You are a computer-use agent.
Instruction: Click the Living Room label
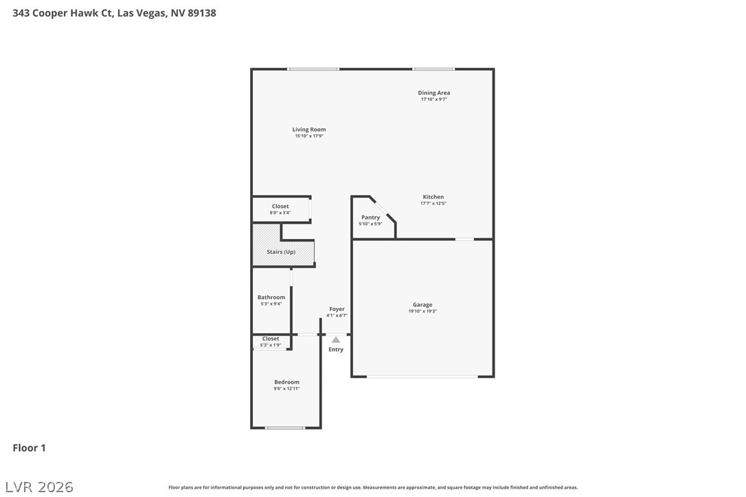click(x=308, y=129)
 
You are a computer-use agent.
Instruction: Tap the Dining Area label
click(x=434, y=93)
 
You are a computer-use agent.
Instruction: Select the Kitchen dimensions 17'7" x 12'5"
click(x=433, y=203)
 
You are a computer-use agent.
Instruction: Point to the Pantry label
click(x=371, y=218)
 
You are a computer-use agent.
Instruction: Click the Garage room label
click(x=422, y=305)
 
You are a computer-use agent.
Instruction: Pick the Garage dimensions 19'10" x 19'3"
click(x=422, y=311)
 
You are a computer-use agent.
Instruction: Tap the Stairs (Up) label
click(x=281, y=252)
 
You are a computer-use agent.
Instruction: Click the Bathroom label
click(x=271, y=297)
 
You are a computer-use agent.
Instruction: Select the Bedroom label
click(x=287, y=382)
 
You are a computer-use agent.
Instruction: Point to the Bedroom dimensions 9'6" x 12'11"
click(x=287, y=389)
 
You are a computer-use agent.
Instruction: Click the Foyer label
click(x=337, y=309)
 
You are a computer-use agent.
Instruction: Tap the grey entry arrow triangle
click(x=336, y=340)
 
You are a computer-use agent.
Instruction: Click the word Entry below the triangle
click(x=336, y=349)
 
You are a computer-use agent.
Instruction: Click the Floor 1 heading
click(x=29, y=448)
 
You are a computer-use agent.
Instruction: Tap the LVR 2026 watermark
click(x=39, y=487)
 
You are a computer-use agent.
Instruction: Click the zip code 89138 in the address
click(x=202, y=13)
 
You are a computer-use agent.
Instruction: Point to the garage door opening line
click(x=422, y=377)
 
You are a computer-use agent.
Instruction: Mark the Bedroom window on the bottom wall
click(x=285, y=428)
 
